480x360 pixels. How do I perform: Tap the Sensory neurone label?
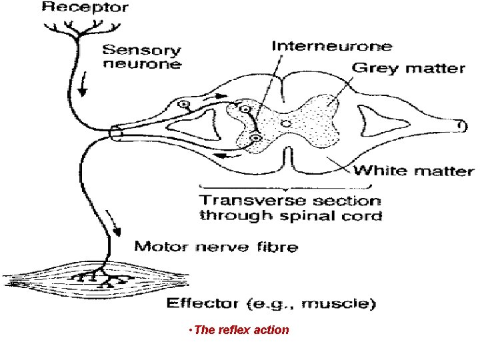(141, 57)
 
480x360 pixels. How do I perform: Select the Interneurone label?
(331, 47)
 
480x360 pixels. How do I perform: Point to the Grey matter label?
(407, 67)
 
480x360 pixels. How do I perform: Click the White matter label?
(413, 171)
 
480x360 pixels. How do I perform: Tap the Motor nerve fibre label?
(216, 246)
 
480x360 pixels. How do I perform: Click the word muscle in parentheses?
(337, 305)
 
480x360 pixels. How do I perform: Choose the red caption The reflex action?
(239, 329)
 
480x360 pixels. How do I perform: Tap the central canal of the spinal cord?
(285, 123)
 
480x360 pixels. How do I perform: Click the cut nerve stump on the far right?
(459, 125)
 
